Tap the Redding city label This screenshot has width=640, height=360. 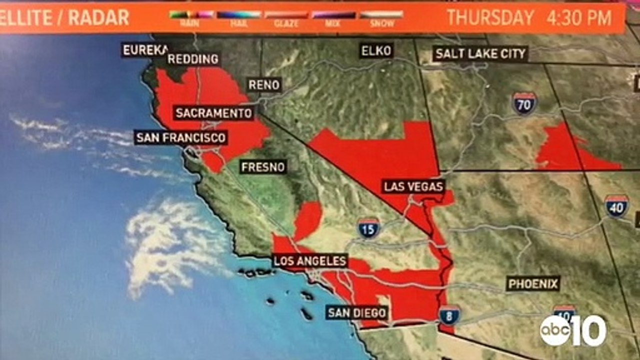193,59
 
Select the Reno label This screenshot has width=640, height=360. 264,85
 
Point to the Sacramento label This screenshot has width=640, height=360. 213,113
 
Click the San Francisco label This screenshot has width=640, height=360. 180,137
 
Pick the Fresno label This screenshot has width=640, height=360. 263,166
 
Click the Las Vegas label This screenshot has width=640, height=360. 413,187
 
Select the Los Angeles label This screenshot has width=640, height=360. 310,261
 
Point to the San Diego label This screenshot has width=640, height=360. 357,313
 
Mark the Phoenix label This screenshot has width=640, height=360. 533,284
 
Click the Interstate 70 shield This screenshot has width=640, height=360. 524,103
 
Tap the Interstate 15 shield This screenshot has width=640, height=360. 369,228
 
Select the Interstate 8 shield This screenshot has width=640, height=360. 449,315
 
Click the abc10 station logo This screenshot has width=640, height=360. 573,330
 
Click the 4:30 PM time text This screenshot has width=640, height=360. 579,17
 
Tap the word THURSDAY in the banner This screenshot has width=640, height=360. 490,17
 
